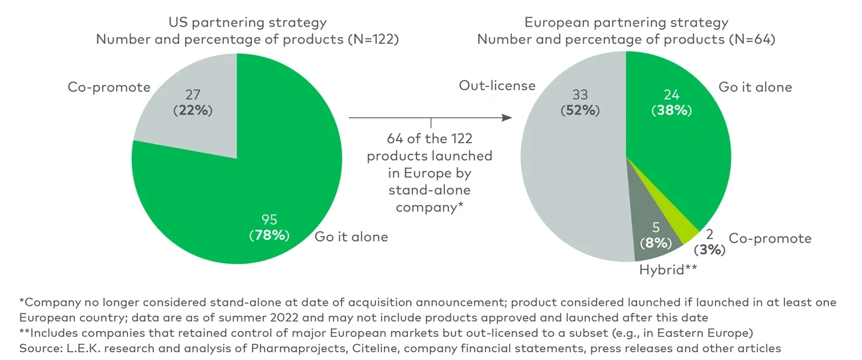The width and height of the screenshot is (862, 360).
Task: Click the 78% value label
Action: point(270,235)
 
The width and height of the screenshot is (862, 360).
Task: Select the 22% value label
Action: point(192,110)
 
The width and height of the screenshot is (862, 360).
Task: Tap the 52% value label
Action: point(580,110)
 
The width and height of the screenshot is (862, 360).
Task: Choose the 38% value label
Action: point(670,110)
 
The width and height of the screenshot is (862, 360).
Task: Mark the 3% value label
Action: point(709,250)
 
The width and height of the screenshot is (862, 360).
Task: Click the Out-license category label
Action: point(497,87)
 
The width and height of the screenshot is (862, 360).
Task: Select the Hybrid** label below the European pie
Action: point(668,269)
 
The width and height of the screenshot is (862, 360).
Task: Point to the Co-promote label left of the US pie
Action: point(109,88)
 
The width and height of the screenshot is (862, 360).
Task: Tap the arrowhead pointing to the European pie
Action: point(508,118)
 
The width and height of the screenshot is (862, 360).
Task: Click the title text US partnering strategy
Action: point(247,22)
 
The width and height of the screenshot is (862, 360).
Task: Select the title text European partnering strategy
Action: point(626,22)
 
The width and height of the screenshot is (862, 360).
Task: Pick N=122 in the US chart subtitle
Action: point(373,39)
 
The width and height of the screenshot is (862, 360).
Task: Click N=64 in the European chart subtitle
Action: point(751,39)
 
